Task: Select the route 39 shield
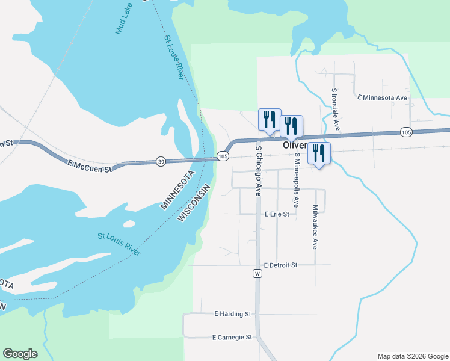161,161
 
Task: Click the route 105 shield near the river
223,156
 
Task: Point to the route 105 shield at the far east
405,132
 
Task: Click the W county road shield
257,274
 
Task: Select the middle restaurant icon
291,125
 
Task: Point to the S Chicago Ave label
258,171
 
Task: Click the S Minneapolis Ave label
297,179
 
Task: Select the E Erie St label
277,214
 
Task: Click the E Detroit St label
281,265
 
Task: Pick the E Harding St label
232,314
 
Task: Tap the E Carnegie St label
232,338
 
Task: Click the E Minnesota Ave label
382,97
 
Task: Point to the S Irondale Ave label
336,110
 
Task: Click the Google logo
20,354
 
